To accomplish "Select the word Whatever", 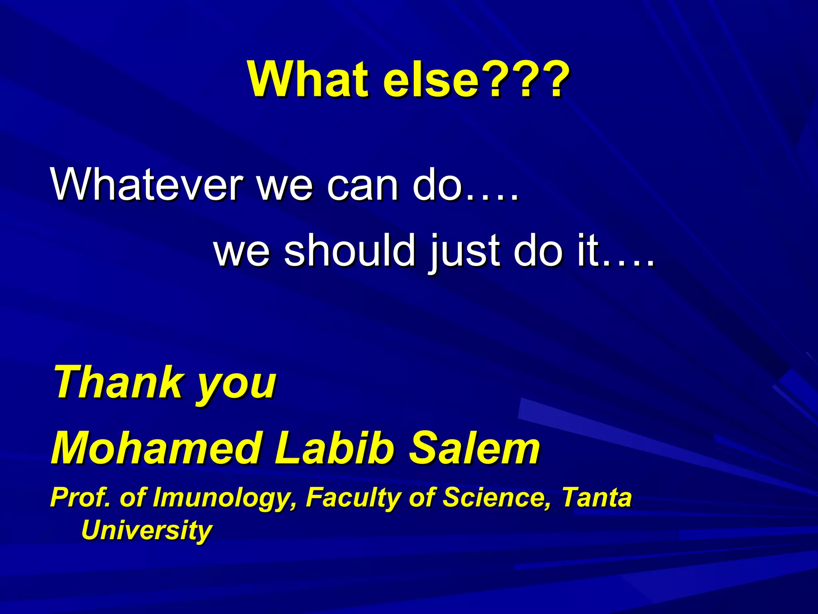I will [146, 185].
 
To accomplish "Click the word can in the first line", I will [362, 185].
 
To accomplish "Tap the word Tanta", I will [597, 497].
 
